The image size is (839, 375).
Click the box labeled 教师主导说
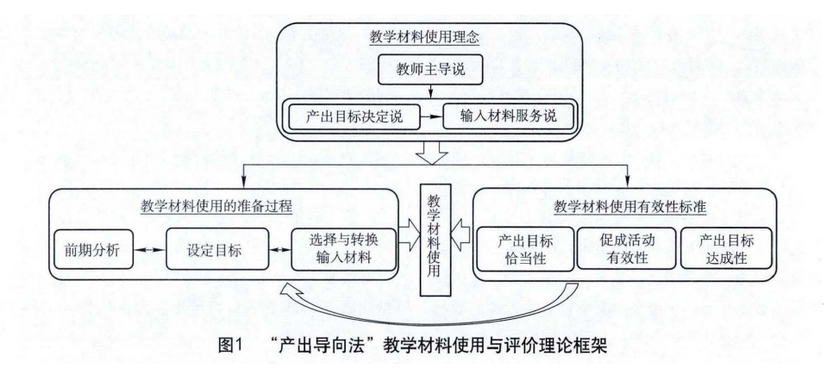tap(430, 69)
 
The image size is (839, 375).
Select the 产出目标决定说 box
tap(354, 116)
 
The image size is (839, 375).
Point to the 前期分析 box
tap(93, 249)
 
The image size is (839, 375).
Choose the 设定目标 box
tap(216, 249)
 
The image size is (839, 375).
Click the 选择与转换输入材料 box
tap(343, 249)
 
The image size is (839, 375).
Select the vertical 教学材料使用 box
tap(435, 239)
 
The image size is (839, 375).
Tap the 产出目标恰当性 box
tap(525, 249)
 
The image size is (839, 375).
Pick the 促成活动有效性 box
tap(626, 249)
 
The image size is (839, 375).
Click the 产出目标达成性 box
tap(726, 249)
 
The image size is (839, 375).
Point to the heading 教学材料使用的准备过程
tap(216, 208)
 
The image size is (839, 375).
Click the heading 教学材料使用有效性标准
tap(629, 208)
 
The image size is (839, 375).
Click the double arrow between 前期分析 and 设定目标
tap(149, 249)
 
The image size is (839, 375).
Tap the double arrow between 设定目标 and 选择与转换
tap(279, 249)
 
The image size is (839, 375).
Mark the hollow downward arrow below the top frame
tap(432, 153)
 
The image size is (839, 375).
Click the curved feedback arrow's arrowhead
tap(291, 291)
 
